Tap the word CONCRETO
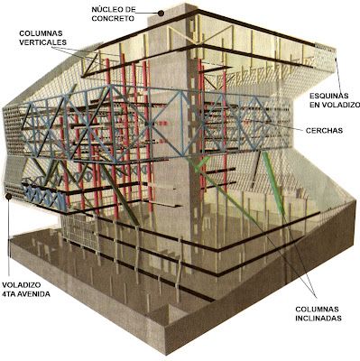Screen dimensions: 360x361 [113, 18]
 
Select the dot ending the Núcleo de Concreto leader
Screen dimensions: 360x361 [162, 13]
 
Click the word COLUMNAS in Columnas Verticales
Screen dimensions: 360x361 [41, 33]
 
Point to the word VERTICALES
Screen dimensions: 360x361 [42, 42]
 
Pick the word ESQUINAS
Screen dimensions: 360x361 [329, 96]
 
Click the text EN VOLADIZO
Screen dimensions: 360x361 [335, 105]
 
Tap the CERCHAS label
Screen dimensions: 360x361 [324, 131]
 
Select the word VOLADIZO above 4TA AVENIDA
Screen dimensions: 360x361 [22, 285]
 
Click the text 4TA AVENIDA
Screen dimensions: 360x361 [26, 294]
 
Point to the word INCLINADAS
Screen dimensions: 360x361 [318, 319]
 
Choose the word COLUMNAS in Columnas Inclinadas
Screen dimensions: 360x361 [317, 310]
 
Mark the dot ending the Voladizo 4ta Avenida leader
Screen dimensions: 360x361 [9, 197]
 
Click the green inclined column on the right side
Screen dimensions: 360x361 [273, 183]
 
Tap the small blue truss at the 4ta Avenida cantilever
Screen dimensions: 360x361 [45, 197]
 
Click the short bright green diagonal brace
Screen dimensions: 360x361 [202, 163]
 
